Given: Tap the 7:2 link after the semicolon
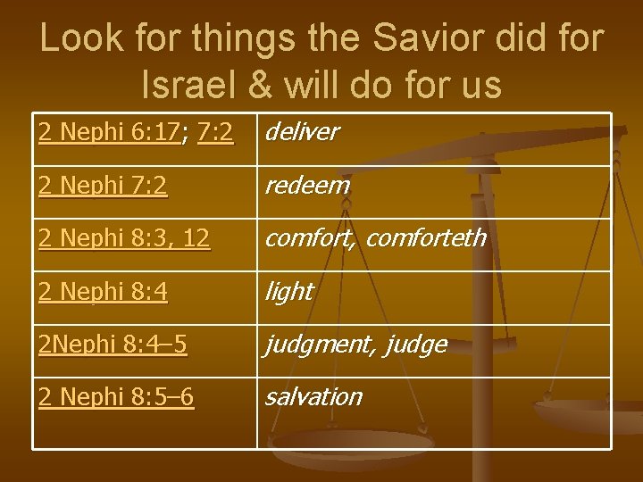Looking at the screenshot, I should click(x=215, y=133).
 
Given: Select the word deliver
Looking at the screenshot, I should click(x=301, y=133).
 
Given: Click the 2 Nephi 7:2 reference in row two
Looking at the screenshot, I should click(x=103, y=186).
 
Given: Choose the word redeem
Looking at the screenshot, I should click(x=305, y=186).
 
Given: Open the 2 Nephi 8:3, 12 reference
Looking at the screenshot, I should click(x=124, y=238).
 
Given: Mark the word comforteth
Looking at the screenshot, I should click(x=426, y=238).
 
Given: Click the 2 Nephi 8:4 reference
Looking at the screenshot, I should click(x=103, y=292).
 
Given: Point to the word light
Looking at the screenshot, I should click(x=288, y=292).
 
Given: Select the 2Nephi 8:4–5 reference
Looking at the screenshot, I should click(x=113, y=345).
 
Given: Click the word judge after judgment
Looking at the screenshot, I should click(x=416, y=345).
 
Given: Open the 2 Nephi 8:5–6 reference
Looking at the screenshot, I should click(x=116, y=397).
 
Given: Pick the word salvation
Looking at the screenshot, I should click(x=313, y=397).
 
